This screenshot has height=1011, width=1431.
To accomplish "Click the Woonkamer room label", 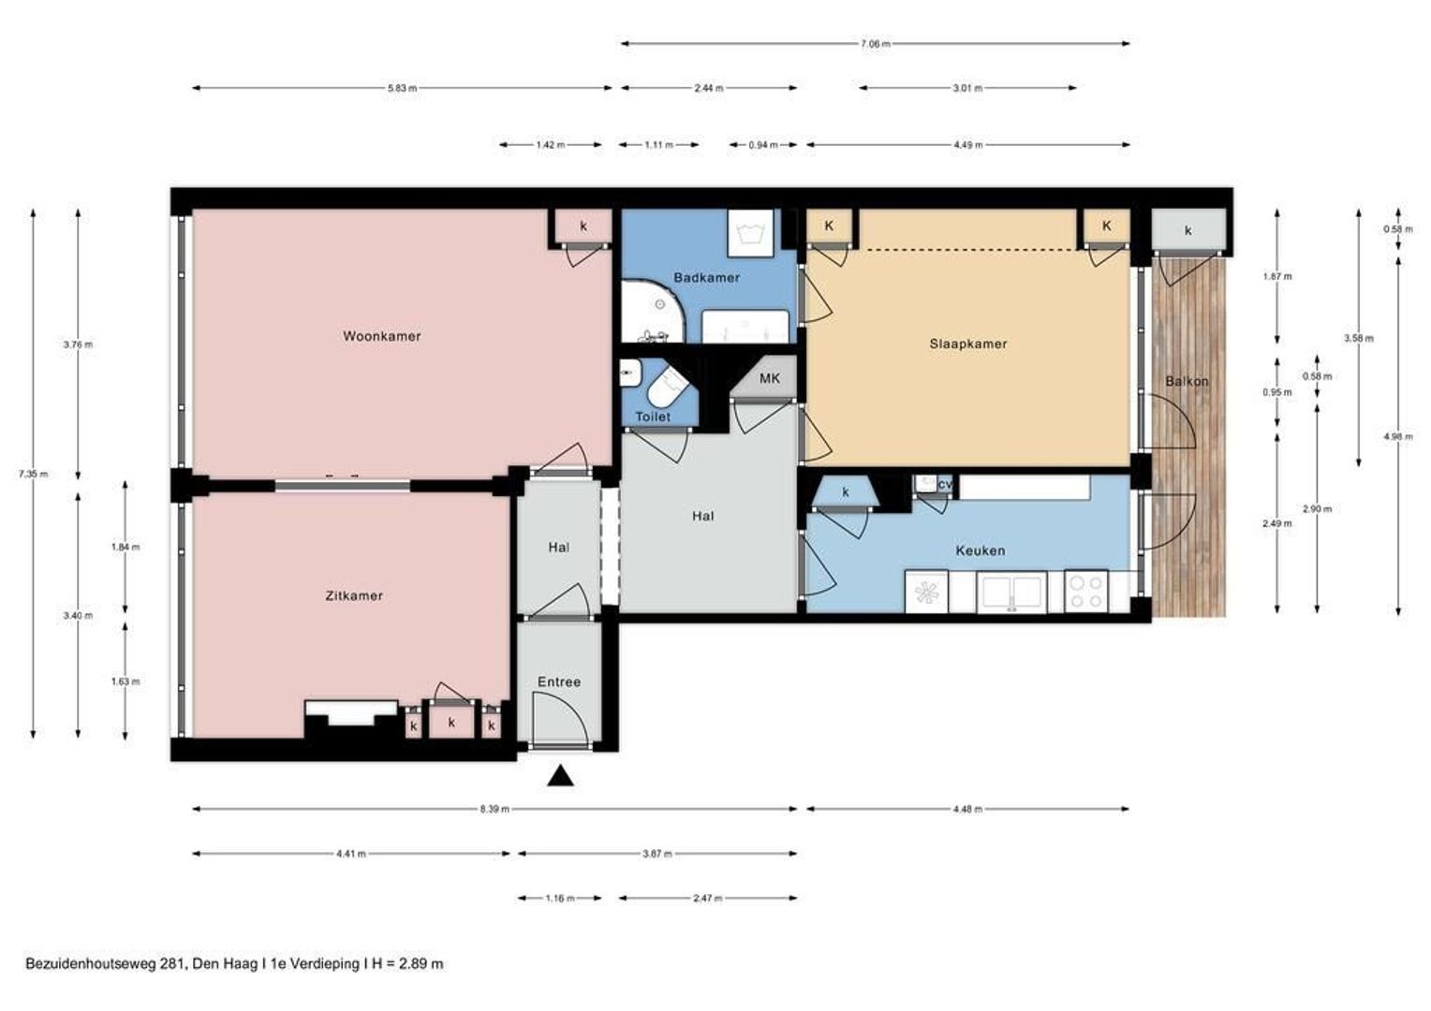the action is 382,336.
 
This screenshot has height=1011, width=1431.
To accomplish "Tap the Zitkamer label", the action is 355,596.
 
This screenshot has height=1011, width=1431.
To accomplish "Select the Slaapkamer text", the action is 968,344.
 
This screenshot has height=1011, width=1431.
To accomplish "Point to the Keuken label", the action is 981,550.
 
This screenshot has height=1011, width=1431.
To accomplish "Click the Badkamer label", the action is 707,277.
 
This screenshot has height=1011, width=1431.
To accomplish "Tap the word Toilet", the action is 653,418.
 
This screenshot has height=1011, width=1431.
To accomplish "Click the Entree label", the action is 559,682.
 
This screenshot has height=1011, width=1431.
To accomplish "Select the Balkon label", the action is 1187,381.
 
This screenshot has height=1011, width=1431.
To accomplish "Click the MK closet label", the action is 770,378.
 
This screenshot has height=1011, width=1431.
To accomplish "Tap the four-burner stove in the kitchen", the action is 1086,592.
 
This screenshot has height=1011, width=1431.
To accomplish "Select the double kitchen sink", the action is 1011,592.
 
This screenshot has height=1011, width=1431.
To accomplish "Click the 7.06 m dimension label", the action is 876,44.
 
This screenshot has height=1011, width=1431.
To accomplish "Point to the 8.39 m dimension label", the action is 495,809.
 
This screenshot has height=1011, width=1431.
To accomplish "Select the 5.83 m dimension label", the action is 402,88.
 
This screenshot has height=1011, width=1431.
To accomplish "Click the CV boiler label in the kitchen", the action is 946,485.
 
